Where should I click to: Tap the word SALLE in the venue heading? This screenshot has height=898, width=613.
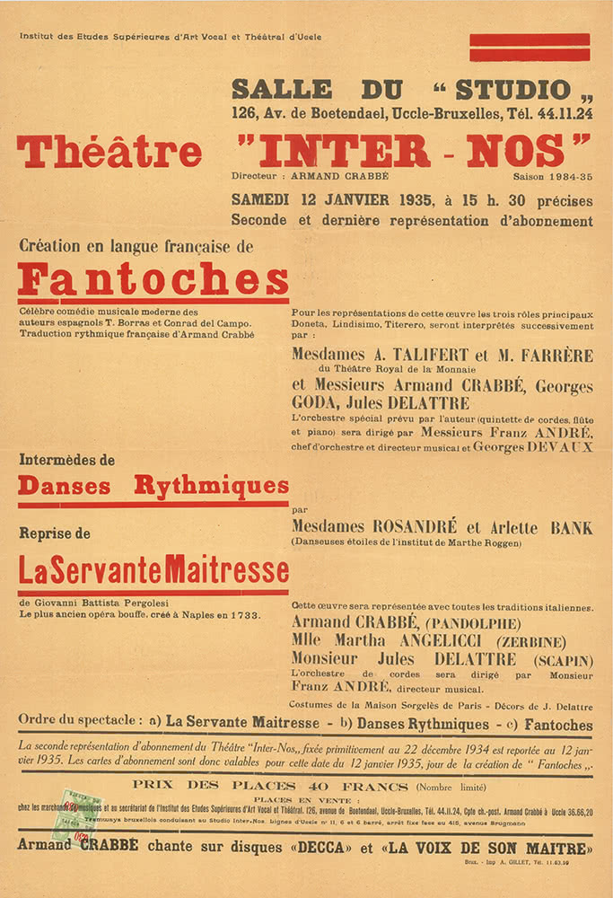281,90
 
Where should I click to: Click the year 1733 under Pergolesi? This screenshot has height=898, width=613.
243,615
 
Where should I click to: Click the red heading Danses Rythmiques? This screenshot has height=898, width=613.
153,487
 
